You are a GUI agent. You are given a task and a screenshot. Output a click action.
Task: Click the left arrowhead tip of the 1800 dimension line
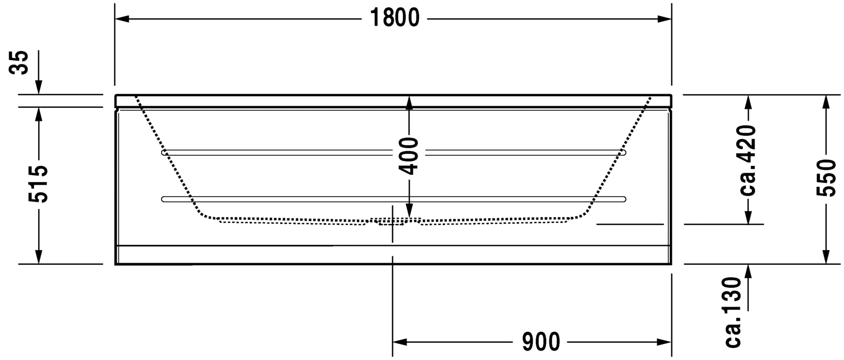click(x=115, y=19)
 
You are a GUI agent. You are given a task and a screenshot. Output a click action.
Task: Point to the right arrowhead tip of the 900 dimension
click(x=671, y=342)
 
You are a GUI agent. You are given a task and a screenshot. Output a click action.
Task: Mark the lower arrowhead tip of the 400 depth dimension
click(x=409, y=218)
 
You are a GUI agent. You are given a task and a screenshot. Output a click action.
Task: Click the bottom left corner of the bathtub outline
click(x=115, y=265)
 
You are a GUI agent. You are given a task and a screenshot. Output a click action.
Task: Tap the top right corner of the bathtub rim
click(x=671, y=95)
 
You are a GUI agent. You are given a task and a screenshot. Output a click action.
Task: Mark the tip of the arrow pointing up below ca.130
click(x=748, y=265)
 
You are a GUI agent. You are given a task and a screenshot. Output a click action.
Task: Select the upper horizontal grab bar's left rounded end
click(x=164, y=153)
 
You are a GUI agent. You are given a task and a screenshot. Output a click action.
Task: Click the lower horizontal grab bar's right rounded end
click(x=623, y=199)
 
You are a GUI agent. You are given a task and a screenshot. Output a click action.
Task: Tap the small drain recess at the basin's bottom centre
click(x=391, y=222)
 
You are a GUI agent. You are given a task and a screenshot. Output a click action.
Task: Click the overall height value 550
click(x=826, y=178)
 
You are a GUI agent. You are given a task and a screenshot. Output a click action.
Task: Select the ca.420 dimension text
click(x=748, y=160)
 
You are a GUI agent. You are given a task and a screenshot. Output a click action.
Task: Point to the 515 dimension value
click(x=38, y=184)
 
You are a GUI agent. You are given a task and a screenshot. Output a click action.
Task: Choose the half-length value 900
click(x=541, y=342)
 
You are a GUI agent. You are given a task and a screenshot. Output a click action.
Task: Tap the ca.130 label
click(x=733, y=312)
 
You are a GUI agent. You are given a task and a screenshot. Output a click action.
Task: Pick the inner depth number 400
click(x=409, y=156)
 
